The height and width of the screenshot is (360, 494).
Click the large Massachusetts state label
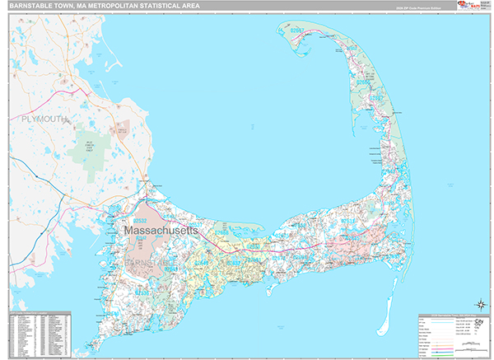coord(161,232)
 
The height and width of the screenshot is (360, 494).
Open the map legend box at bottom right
coord(452,334)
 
